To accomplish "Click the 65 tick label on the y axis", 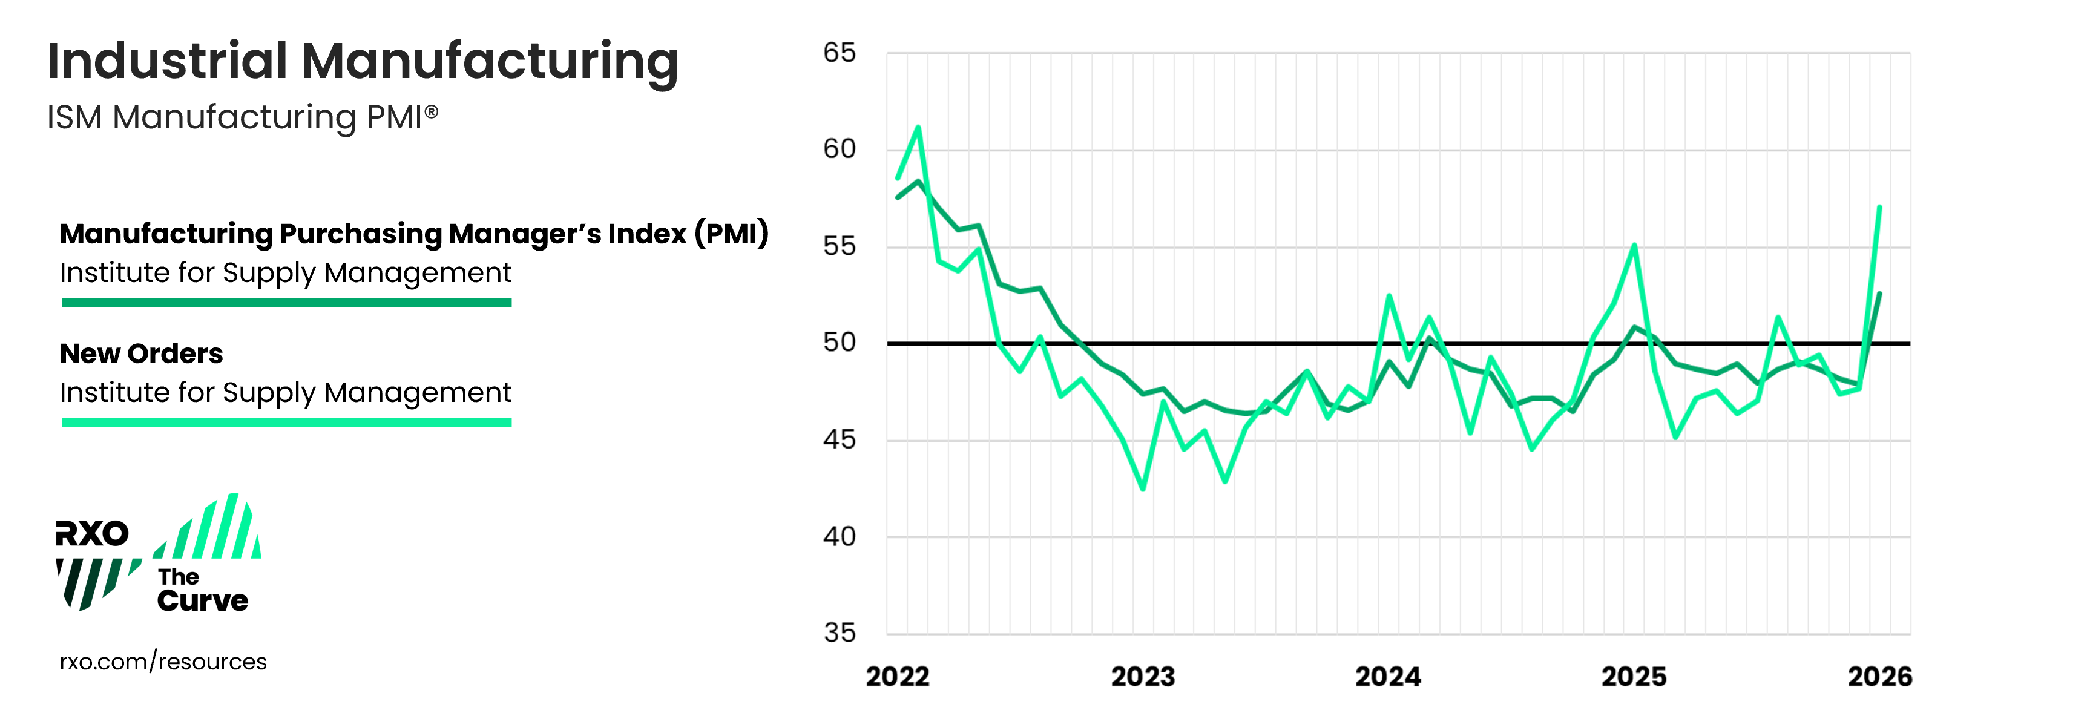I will (840, 53).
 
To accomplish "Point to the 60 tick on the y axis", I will (840, 149).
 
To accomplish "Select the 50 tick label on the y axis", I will (840, 343).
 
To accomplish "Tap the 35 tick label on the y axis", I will (840, 633).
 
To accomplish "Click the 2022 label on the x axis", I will (898, 677).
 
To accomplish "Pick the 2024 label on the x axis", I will (1388, 677).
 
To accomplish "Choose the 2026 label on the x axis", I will (1879, 677).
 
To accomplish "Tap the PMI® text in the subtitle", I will (402, 117).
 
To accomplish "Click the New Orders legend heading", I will (142, 353).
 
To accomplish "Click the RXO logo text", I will (91, 533).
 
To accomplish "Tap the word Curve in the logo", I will (203, 600).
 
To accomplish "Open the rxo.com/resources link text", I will (163, 662).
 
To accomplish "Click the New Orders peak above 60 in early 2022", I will (918, 127).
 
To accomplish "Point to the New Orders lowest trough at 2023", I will (1143, 488).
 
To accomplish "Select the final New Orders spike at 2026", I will (1879, 208).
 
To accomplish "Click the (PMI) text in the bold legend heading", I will (731, 234).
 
